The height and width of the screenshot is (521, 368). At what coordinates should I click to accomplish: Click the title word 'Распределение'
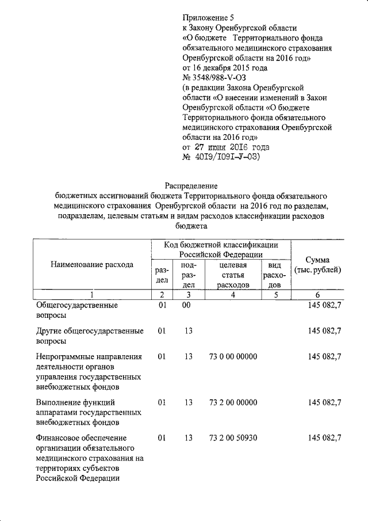(x=190, y=186)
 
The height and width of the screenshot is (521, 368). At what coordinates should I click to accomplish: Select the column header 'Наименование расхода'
(x=92, y=265)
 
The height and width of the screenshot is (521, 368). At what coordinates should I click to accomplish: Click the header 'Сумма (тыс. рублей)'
(x=317, y=265)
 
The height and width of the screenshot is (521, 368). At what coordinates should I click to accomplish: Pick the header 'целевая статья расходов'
(x=233, y=275)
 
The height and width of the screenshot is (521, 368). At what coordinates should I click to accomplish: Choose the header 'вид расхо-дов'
(x=275, y=275)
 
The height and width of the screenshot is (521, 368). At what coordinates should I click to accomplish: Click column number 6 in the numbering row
(x=317, y=295)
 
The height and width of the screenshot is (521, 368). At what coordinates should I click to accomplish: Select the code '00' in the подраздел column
(x=187, y=306)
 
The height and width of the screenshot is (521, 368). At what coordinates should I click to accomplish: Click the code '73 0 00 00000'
(x=233, y=357)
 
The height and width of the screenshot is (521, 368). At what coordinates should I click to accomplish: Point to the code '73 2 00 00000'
(x=233, y=402)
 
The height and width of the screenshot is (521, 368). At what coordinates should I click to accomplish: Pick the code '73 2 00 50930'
(x=233, y=438)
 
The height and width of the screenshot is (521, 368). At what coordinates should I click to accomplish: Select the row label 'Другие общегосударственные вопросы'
(x=89, y=336)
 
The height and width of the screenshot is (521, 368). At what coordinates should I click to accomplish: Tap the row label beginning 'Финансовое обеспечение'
(x=89, y=458)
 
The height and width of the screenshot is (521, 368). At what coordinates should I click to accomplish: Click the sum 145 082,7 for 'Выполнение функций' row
(x=324, y=402)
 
